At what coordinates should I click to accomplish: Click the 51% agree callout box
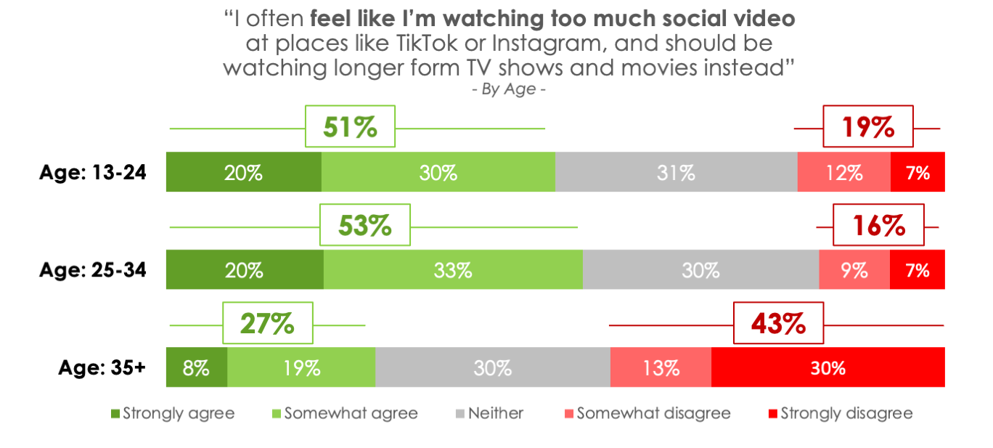pyautogui.click(x=350, y=127)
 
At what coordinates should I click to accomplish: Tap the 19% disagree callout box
pyautogui.click(x=867, y=127)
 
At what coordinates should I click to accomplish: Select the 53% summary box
pyautogui.click(x=365, y=225)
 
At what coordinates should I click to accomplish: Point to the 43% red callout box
pyautogui.click(x=779, y=323)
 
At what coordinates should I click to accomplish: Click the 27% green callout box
pyautogui.click(x=267, y=323)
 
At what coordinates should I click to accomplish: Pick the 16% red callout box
pyautogui.click(x=878, y=225)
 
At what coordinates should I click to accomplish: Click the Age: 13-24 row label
pyautogui.click(x=93, y=172)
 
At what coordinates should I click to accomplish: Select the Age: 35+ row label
pyautogui.click(x=102, y=367)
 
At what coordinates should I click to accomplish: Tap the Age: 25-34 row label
pyautogui.click(x=93, y=270)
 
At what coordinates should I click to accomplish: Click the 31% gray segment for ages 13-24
pyautogui.click(x=676, y=172)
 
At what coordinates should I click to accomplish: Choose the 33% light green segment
pyautogui.click(x=453, y=270)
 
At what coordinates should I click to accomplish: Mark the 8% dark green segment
pyautogui.click(x=197, y=367)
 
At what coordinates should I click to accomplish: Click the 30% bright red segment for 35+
pyautogui.click(x=827, y=367)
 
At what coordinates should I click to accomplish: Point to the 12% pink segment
pyautogui.click(x=843, y=172)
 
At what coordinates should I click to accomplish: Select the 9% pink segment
pyautogui.click(x=854, y=270)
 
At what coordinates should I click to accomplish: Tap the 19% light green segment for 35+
pyautogui.click(x=301, y=367)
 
